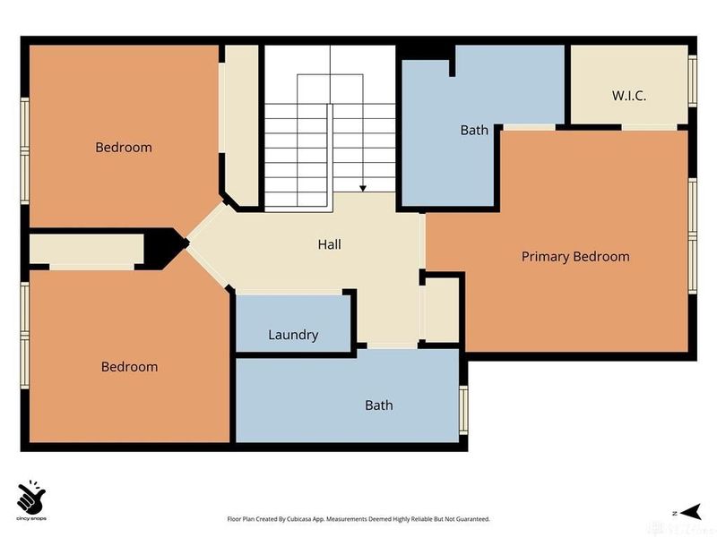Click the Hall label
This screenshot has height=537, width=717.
click(x=329, y=244)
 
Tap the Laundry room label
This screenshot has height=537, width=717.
click(x=293, y=335)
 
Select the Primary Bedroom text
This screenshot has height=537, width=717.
click(x=575, y=257)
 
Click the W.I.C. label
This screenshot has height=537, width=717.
click(x=629, y=95)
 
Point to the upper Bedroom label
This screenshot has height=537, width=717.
click(x=124, y=147)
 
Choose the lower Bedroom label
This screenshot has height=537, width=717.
click(x=129, y=366)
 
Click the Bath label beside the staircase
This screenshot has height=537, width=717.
click(x=474, y=130)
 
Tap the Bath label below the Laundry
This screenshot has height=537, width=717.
click(x=378, y=405)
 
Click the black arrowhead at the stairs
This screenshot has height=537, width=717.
click(x=363, y=188)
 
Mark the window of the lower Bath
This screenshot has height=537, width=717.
click(x=462, y=408)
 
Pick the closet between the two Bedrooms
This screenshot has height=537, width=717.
click(x=85, y=250)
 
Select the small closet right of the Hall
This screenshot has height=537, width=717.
click(x=440, y=310)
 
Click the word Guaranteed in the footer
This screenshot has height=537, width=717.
click(x=471, y=519)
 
